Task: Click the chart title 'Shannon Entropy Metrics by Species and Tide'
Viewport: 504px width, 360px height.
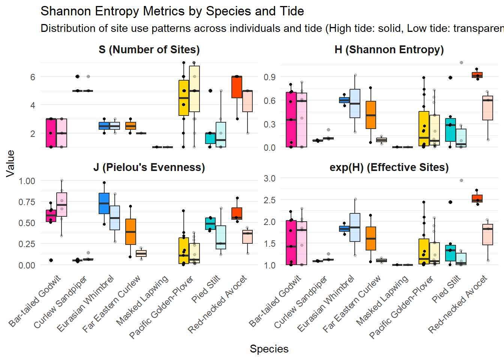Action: (x=172, y=11)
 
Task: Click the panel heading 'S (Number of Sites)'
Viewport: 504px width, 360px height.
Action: (x=149, y=50)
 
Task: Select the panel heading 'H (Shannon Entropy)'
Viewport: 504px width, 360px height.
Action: (x=389, y=50)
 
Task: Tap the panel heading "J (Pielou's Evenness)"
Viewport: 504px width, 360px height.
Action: (x=149, y=167)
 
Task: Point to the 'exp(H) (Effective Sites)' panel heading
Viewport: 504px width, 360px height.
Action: (x=389, y=167)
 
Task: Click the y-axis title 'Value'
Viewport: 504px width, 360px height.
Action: (x=10, y=163)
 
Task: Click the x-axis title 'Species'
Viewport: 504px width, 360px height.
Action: (x=269, y=349)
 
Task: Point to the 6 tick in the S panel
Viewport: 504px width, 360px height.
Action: (x=33, y=77)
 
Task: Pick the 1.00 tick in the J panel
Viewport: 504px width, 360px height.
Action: (x=27, y=181)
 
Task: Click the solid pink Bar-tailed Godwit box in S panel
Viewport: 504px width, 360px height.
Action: (x=51, y=133)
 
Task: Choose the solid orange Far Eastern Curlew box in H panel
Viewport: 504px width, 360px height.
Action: (x=371, y=115)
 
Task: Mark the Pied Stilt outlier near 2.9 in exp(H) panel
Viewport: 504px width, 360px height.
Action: (x=461, y=180)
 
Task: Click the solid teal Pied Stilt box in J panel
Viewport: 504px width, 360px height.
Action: (x=210, y=223)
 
